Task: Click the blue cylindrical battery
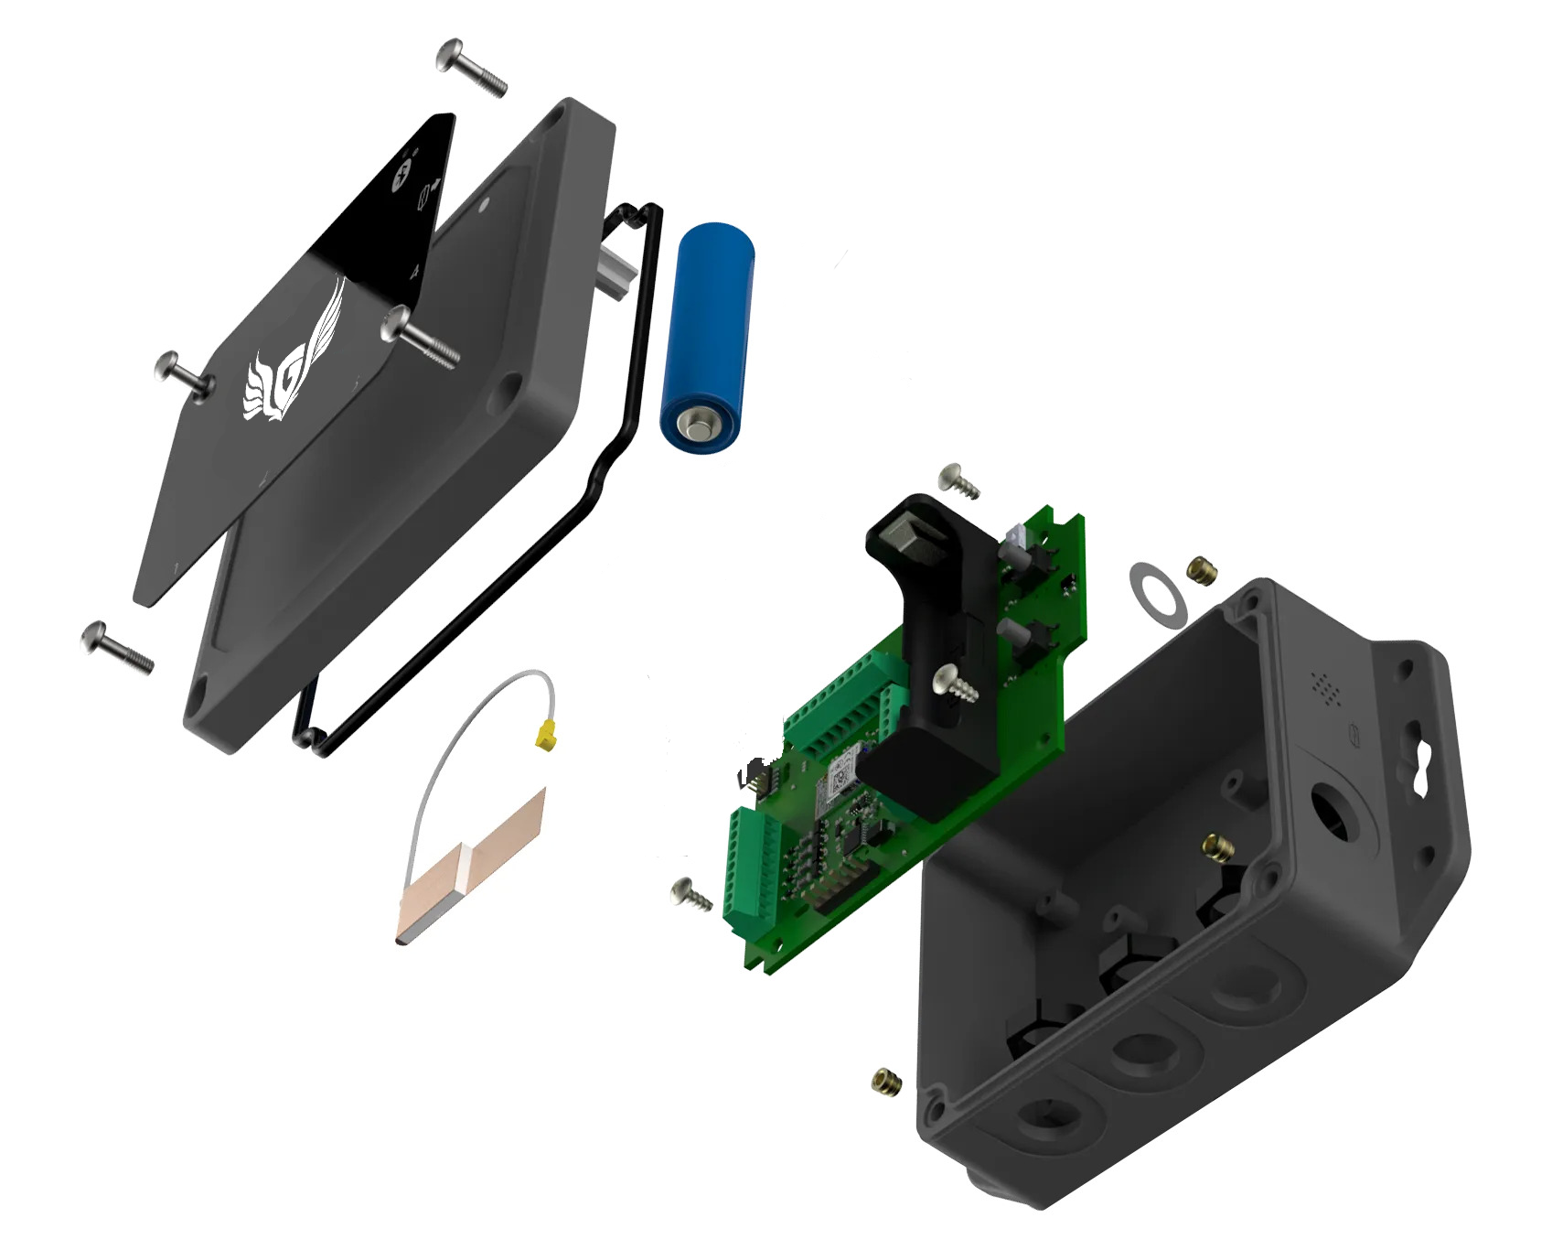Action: tap(707, 339)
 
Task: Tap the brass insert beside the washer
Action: tap(1203, 570)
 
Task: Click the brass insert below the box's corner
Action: tap(887, 1081)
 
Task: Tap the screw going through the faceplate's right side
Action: tap(419, 336)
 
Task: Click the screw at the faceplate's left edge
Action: tap(184, 374)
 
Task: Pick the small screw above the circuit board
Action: tap(958, 480)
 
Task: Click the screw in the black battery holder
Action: tap(954, 684)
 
